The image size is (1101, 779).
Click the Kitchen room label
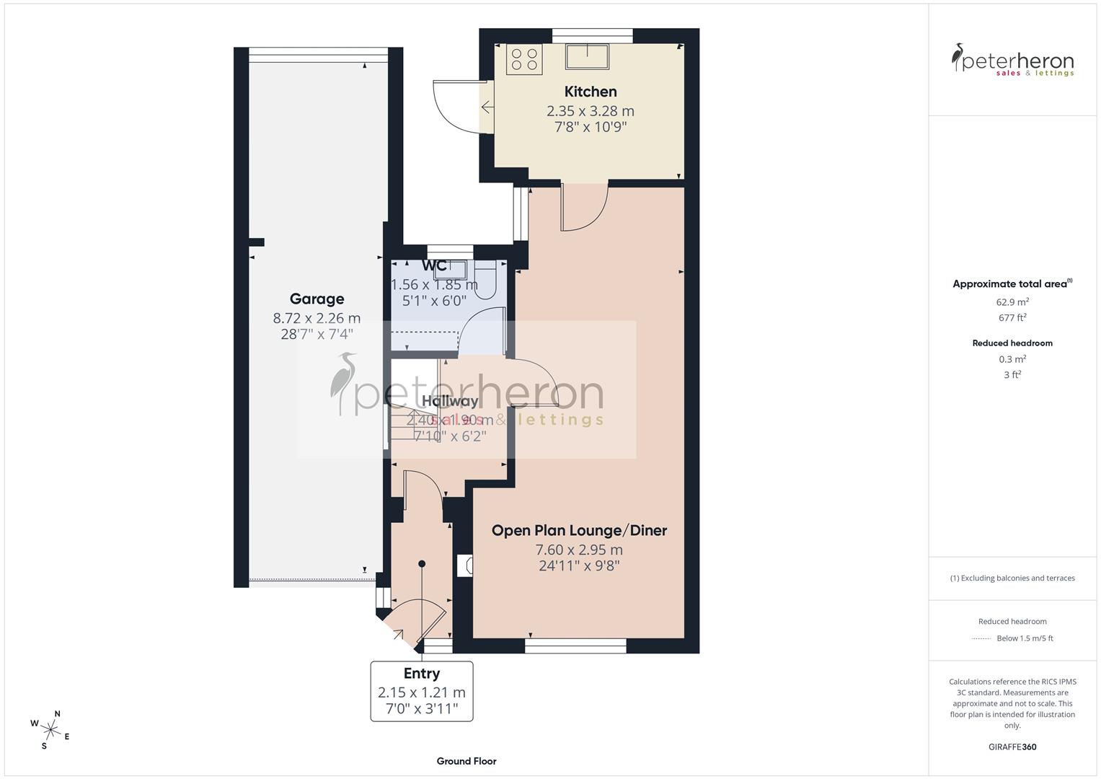tap(590, 92)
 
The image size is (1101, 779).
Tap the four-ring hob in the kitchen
tap(524, 58)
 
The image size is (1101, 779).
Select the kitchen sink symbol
tap(587, 56)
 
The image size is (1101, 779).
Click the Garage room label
tap(317, 299)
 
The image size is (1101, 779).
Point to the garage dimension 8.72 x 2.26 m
tap(317, 317)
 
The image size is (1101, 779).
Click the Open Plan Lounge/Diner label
tap(579, 530)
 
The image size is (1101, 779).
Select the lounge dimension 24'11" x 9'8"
tap(579, 565)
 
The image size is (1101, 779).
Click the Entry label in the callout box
tap(421, 673)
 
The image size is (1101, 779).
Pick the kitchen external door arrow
tap(487, 108)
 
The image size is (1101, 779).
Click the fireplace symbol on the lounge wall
tap(465, 565)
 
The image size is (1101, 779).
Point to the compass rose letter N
tap(58, 714)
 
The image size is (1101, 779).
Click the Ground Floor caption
tap(467, 761)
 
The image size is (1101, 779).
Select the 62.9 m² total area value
tap(1012, 302)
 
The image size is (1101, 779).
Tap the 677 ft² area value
tap(1012, 317)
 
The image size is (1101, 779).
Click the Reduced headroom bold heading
tap(1012, 343)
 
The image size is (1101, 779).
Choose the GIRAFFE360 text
tap(1012, 747)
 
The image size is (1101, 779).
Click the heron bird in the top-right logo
tap(958, 58)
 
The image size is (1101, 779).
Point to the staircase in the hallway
tap(412, 426)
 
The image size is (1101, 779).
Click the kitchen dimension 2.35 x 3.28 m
tap(590, 111)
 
